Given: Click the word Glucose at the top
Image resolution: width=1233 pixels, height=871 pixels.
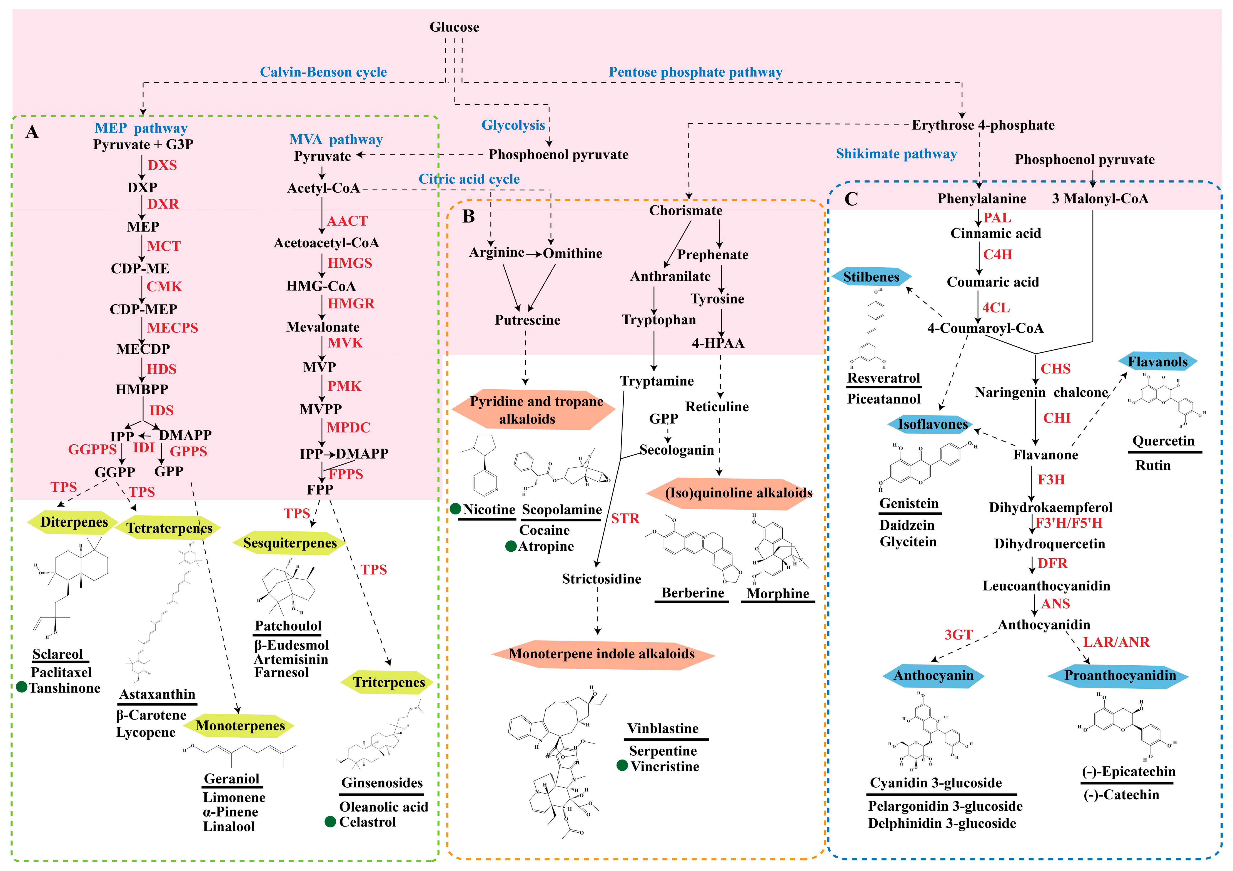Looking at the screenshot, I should click(x=454, y=27).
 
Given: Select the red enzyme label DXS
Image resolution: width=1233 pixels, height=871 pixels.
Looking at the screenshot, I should click(x=162, y=165).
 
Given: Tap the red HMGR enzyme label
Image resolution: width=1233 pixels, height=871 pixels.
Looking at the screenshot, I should click(x=351, y=303).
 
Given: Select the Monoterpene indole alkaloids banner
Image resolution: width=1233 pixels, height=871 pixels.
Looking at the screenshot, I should click(x=601, y=654).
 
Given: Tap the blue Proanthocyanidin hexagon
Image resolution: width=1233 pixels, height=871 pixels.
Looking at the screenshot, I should click(x=1120, y=675).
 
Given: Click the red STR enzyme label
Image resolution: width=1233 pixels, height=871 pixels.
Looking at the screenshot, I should click(x=625, y=519).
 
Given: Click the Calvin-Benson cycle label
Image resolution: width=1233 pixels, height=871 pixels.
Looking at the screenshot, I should click(x=323, y=72).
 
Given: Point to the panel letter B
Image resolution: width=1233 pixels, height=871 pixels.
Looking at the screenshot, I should click(x=468, y=216).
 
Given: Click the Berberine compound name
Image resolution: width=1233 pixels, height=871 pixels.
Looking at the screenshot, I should click(x=693, y=593).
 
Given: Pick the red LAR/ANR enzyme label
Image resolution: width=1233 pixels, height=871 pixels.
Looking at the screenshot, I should click(x=1116, y=642).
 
